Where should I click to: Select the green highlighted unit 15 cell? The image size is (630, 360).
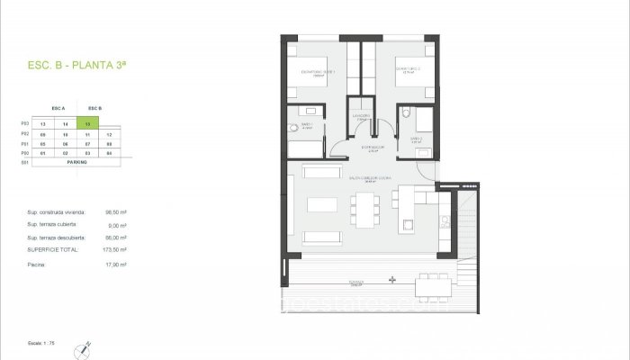[87, 123]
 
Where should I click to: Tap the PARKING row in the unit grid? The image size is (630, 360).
[76, 162]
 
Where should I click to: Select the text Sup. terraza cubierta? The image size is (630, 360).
[55, 225]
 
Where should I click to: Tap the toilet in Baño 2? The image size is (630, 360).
[407, 113]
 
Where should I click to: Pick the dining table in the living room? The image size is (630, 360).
[364, 209]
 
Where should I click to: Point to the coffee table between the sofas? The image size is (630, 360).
[321, 205]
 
